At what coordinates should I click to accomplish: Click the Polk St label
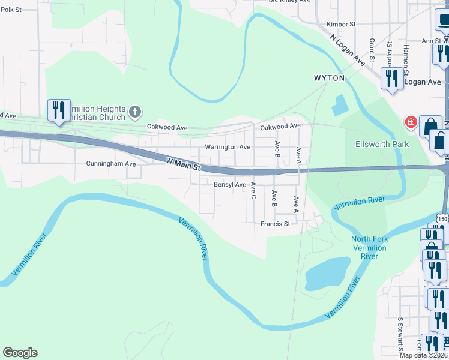click(11, 10)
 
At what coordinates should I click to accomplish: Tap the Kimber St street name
click(341, 25)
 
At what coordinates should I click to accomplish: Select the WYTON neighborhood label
click(329, 78)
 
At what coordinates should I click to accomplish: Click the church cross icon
click(136, 111)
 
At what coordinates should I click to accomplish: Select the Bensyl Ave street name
click(230, 185)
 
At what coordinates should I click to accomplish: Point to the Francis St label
click(275, 224)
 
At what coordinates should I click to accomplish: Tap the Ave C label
click(253, 191)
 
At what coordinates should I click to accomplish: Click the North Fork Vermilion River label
click(369, 247)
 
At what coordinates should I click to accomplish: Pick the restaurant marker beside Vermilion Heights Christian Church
click(59, 110)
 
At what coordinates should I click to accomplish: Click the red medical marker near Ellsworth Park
click(411, 122)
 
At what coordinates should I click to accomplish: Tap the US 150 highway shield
click(442, 219)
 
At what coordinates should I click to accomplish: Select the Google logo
click(20, 353)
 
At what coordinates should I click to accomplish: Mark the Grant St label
click(372, 50)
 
